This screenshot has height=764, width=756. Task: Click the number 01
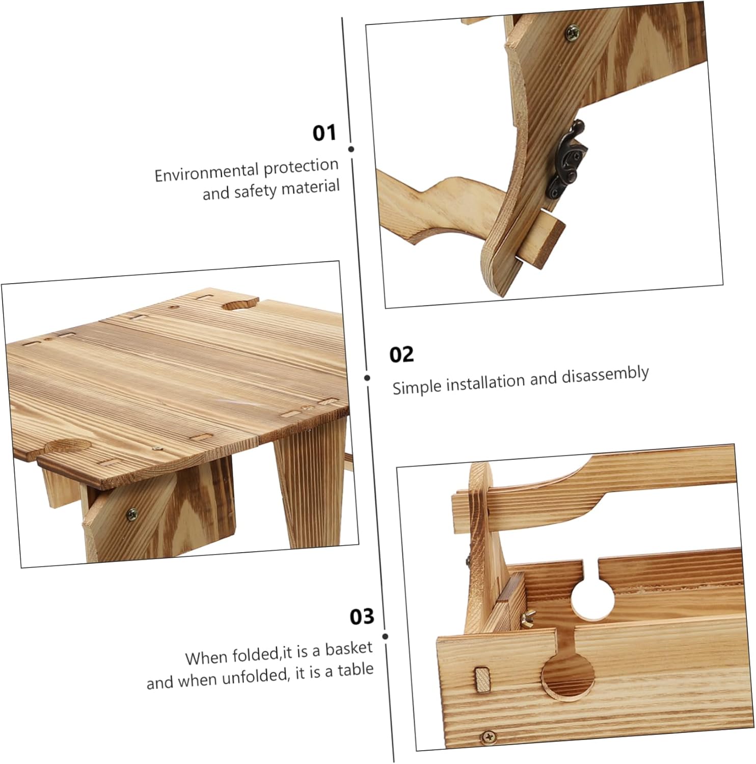pyautogui.click(x=324, y=133)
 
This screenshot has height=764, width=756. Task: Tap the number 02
pyautogui.click(x=401, y=354)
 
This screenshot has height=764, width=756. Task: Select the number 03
pyautogui.click(x=362, y=617)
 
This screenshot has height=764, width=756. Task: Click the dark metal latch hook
pyautogui.click(x=567, y=161)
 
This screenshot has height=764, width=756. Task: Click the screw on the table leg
pyautogui.click(x=131, y=514)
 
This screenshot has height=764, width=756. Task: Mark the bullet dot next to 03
pyautogui.click(x=385, y=636)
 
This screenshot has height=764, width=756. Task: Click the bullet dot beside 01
pyautogui.click(x=351, y=149)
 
